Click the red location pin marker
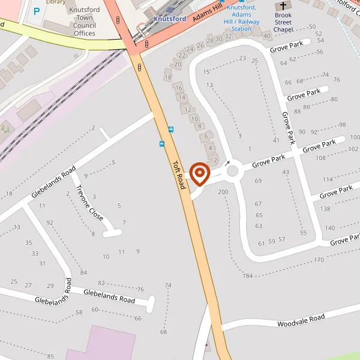pyautogui.click(x=199, y=174)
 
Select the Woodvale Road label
pyautogui.click(x=301, y=320)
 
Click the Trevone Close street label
pyautogui.click(x=89, y=202)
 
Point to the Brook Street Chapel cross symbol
pyautogui.click(x=283, y=6)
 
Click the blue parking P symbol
pyautogui.click(x=37, y=11)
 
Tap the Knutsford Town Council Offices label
pyautogui.click(x=76, y=22)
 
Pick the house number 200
pyautogui.click(x=224, y=192)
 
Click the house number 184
pyautogui.click(x=248, y=275)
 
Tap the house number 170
pyautogui.click(x=319, y=260)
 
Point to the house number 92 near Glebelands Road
pyautogui.click(x=50, y=223)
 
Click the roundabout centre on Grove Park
pyautogui.click(x=233, y=172)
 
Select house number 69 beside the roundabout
pyautogui.click(x=259, y=181)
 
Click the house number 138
pyautogui.click(x=325, y=209)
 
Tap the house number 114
pyautogui.click(x=328, y=179)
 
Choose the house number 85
pyautogui.click(x=50, y=356)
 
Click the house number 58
pyautogui.click(x=79, y=313)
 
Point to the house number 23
pyautogui.click(x=242, y=58)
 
